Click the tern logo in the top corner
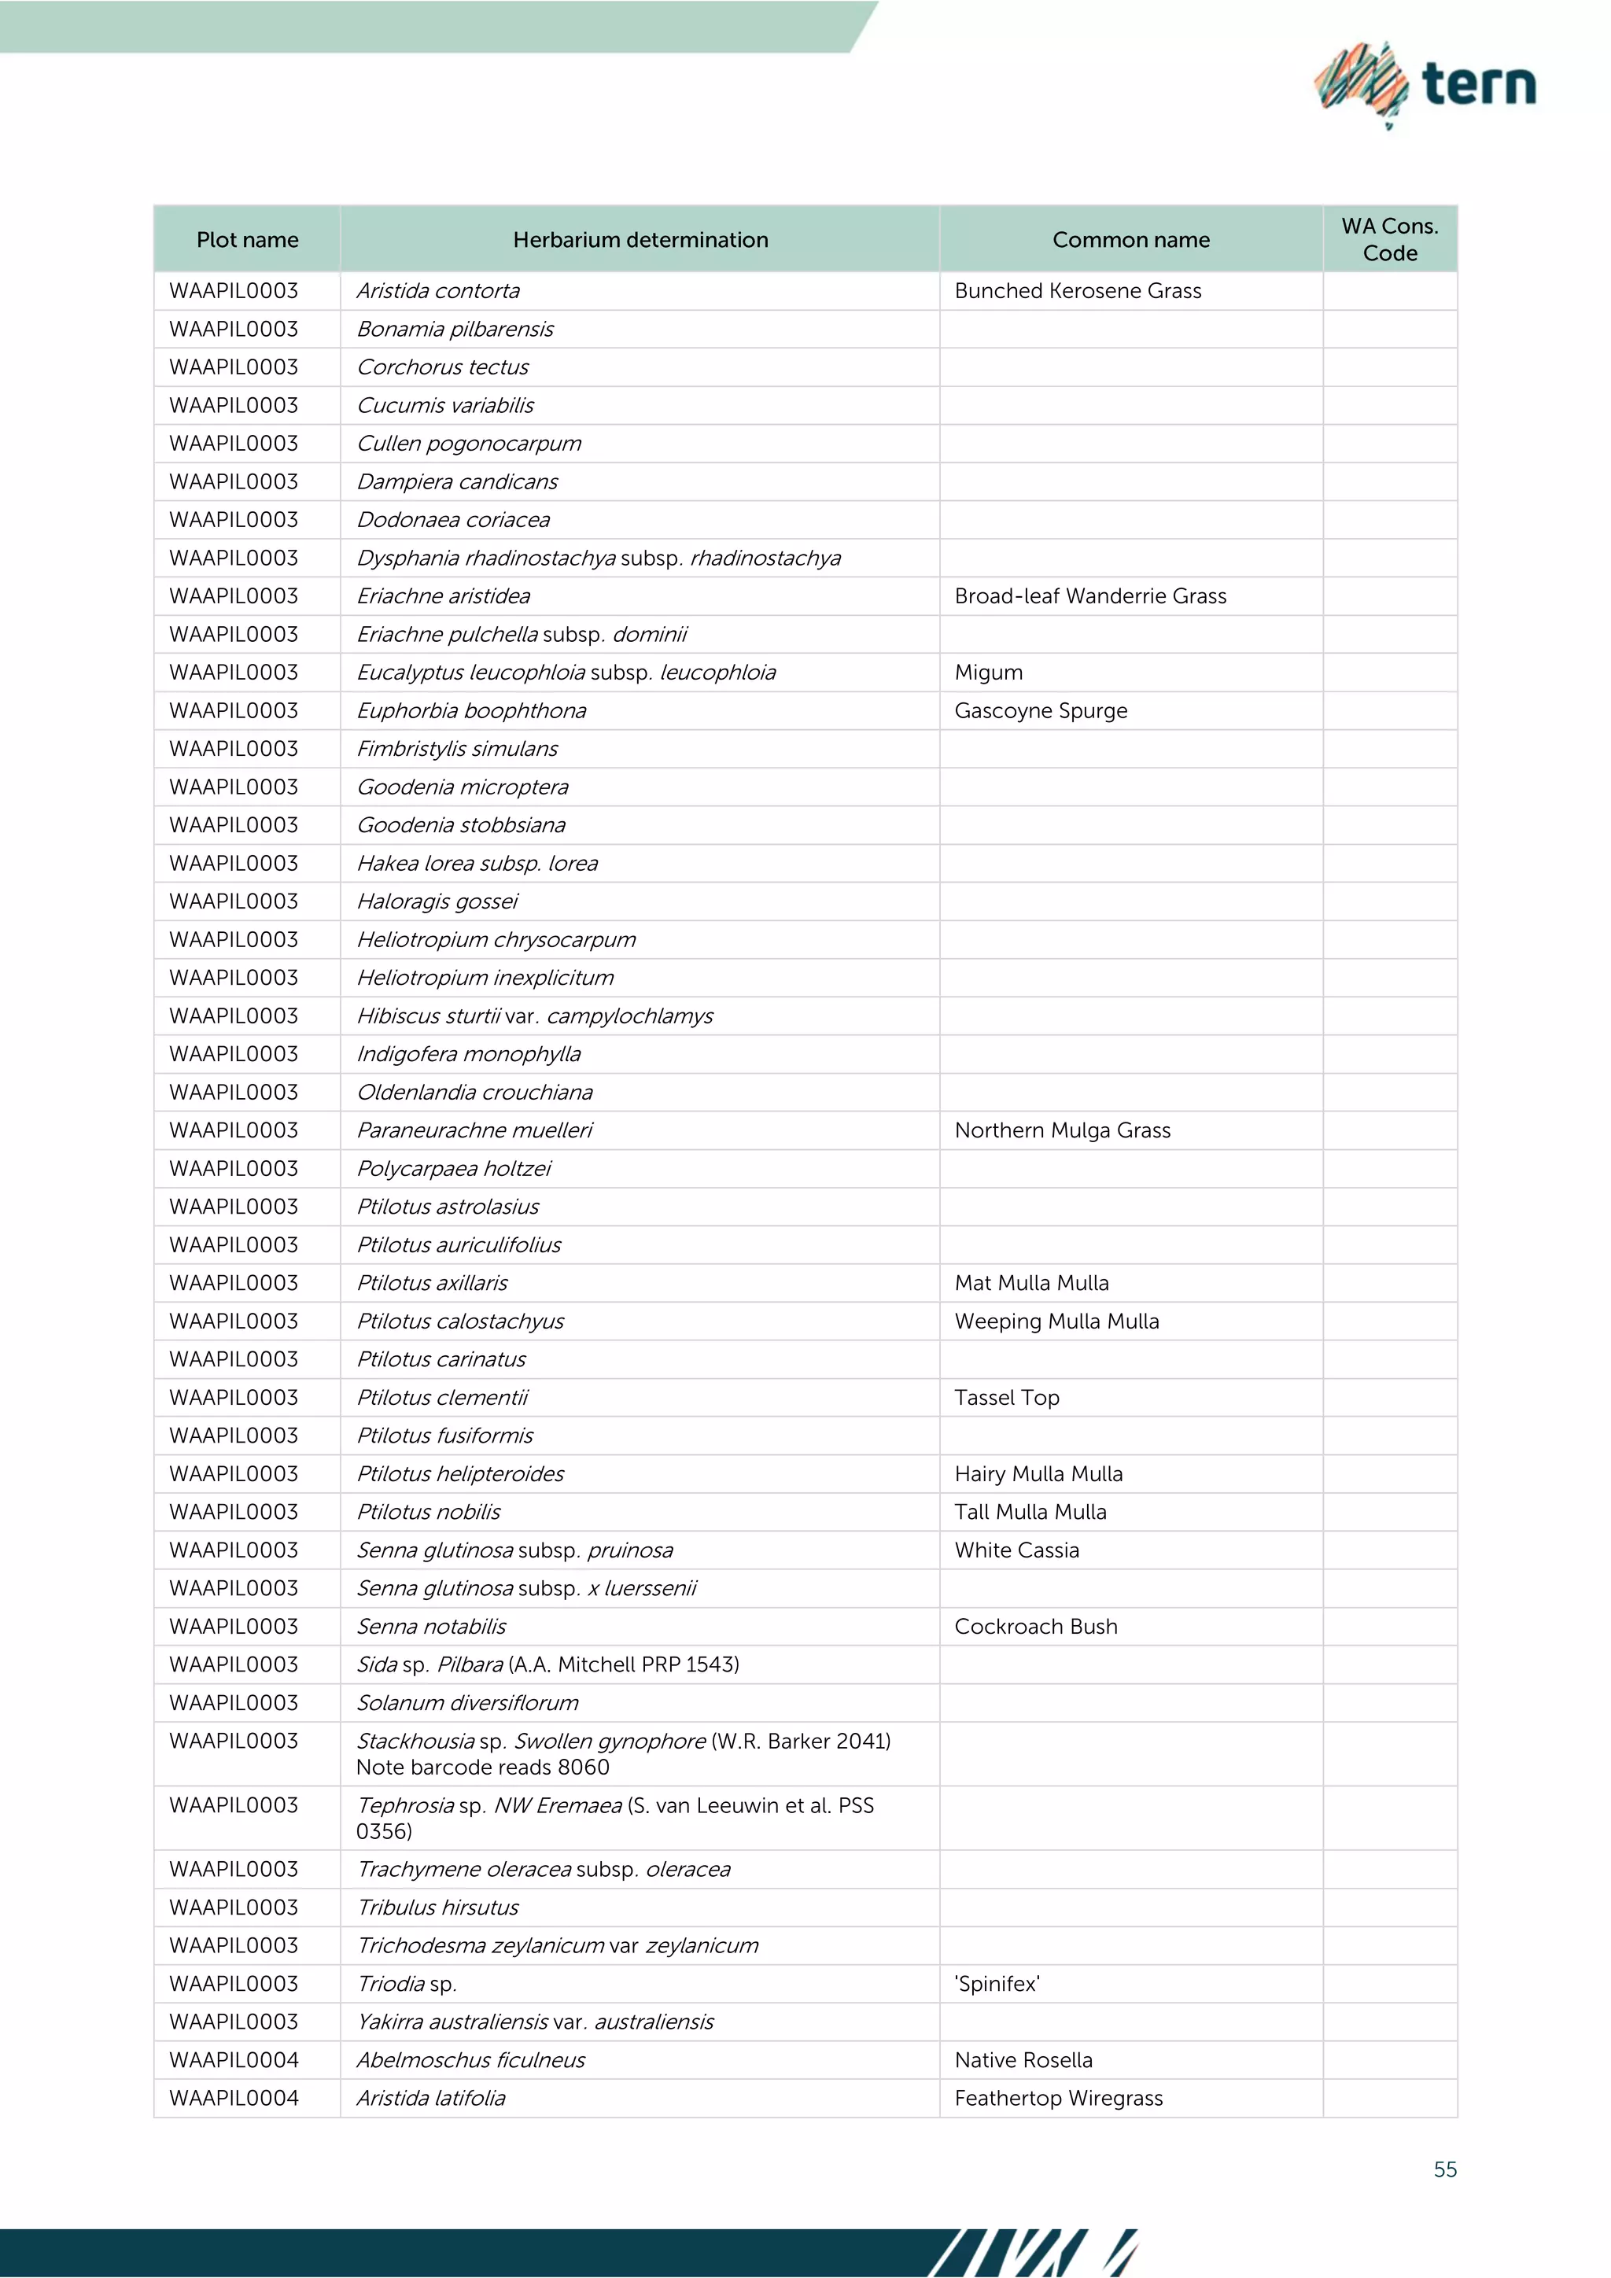click(x=1425, y=84)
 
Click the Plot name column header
click(x=247, y=240)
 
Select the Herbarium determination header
click(x=640, y=240)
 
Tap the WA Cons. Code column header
click(x=1389, y=239)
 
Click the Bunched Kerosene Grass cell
click(x=1078, y=291)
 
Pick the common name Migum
click(x=988, y=673)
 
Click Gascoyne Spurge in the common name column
click(x=1041, y=710)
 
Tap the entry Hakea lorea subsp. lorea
click(x=477, y=863)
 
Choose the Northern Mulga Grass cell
click(x=1063, y=1130)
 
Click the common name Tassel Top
click(x=1007, y=1397)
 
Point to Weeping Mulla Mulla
click(x=1056, y=1321)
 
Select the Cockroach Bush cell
click(x=1036, y=1626)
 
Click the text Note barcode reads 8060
click(x=482, y=1767)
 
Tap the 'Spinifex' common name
click(x=997, y=1983)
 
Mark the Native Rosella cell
click(x=1023, y=2060)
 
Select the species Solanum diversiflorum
click(x=467, y=1702)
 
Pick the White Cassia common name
click(x=1017, y=1550)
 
